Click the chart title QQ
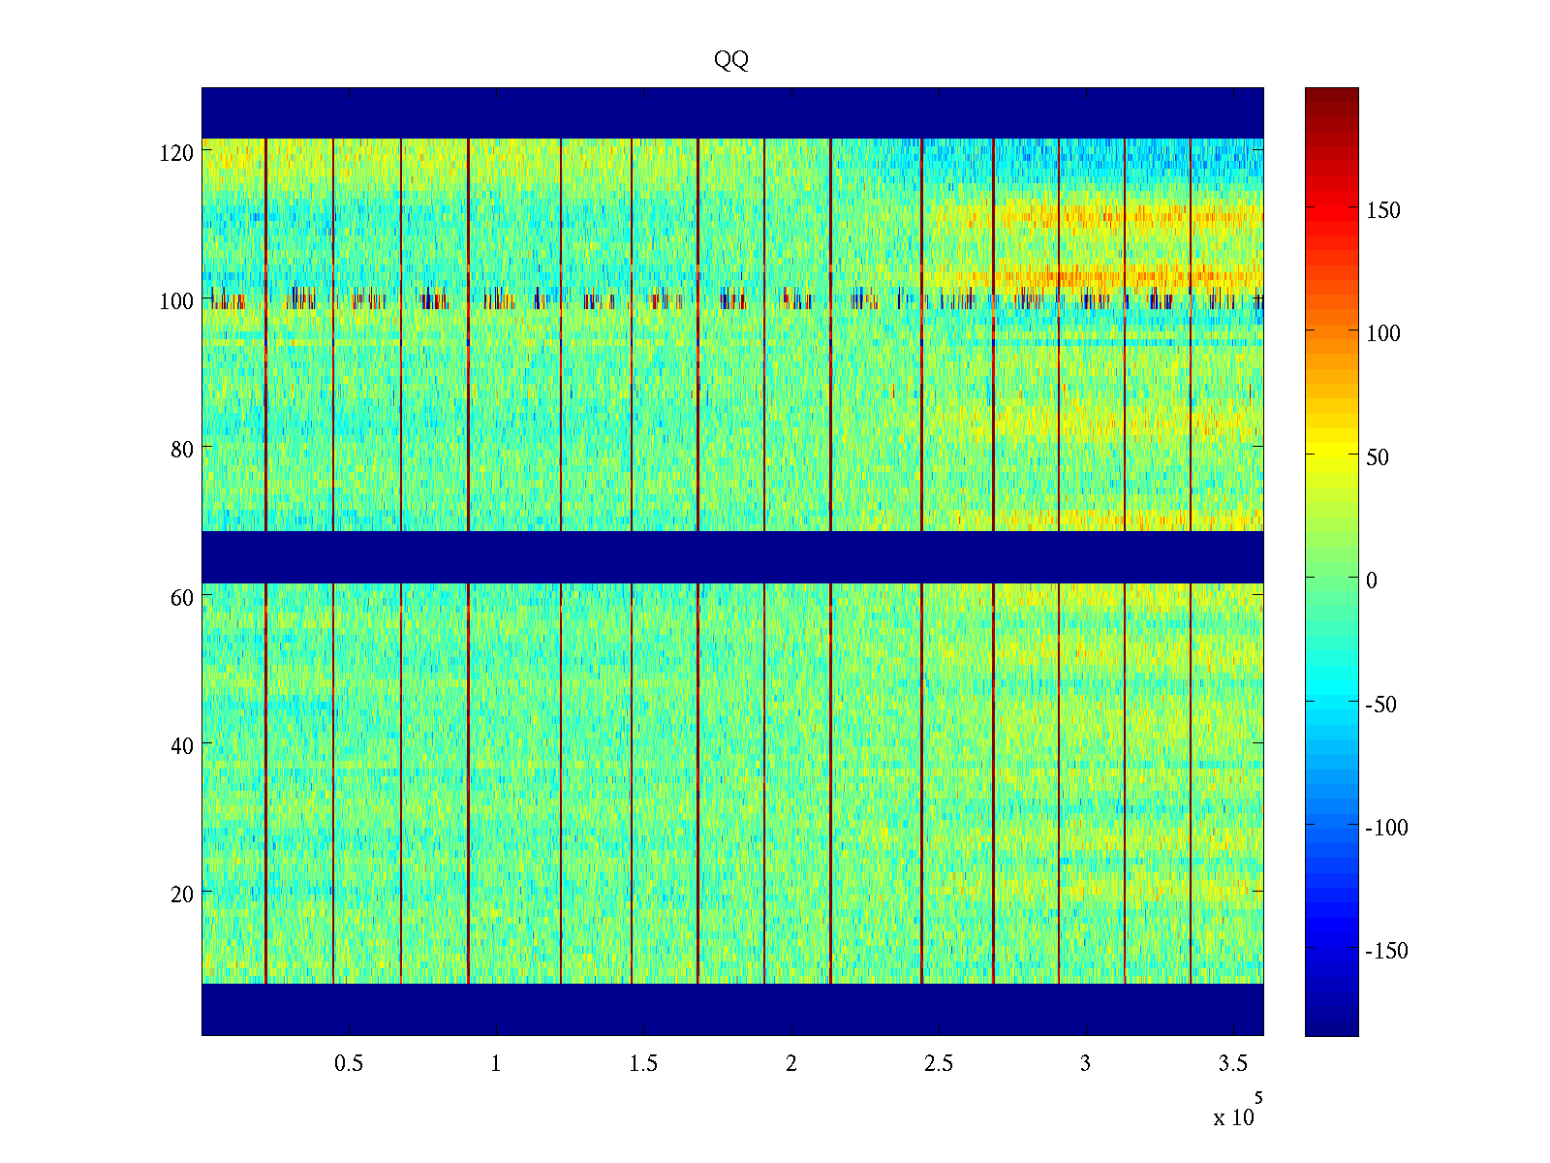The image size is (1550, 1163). pyautogui.click(x=731, y=60)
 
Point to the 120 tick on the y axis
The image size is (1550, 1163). pyautogui.click(x=176, y=152)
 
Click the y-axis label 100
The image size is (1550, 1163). pyautogui.click(x=176, y=301)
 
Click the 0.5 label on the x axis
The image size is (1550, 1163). pyautogui.click(x=349, y=1064)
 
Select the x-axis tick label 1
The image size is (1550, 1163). pyautogui.click(x=496, y=1064)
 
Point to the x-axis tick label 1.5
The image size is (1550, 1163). pyautogui.click(x=643, y=1064)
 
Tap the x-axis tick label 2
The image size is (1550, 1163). pyautogui.click(x=790, y=1064)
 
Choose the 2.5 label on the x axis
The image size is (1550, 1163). pyautogui.click(x=938, y=1064)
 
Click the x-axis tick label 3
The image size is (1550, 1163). pyautogui.click(x=1085, y=1064)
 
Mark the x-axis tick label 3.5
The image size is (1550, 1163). pyautogui.click(x=1232, y=1064)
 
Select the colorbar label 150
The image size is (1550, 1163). pyautogui.click(x=1382, y=211)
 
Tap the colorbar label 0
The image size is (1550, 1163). pyautogui.click(x=1371, y=581)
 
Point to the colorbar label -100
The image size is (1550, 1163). pyautogui.click(x=1386, y=828)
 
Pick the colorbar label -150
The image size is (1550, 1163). pyautogui.click(x=1386, y=951)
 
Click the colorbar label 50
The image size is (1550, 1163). pyautogui.click(x=1378, y=457)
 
